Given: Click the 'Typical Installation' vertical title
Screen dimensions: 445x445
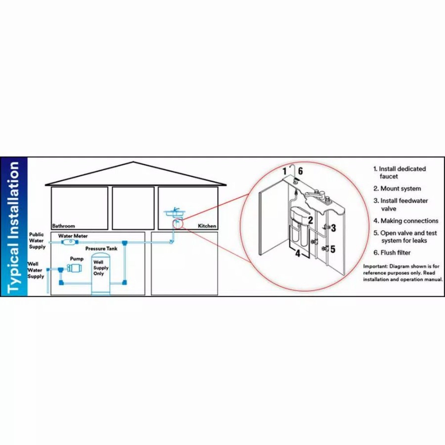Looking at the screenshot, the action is tap(13, 227).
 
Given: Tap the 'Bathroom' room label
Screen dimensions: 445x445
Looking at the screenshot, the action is tap(64, 226).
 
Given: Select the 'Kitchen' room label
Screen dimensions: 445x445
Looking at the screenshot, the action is tap(207, 226).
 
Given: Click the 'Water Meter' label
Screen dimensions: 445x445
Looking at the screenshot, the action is tap(73, 236).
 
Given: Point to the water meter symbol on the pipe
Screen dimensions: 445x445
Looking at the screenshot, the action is tap(70, 242).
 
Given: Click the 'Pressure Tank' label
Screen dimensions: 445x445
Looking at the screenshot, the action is tap(101, 249).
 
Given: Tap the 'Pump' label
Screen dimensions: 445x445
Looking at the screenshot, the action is tap(77, 259).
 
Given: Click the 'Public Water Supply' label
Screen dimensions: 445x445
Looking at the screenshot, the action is tap(37, 241).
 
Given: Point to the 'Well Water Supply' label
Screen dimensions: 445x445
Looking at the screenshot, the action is tap(36, 270).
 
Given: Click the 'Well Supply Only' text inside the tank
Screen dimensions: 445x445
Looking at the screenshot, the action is tap(101, 267).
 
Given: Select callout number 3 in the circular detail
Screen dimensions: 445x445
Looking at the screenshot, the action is tap(333, 227).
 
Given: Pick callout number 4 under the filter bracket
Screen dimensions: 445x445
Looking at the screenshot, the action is tap(298, 253).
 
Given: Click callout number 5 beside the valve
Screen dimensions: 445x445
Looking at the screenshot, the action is tap(333, 249).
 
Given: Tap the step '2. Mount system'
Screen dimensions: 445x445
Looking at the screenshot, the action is tap(397, 189).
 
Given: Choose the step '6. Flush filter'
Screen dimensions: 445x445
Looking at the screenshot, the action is tap(392, 253).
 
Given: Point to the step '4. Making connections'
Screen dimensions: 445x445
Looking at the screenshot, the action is tap(406, 221).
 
